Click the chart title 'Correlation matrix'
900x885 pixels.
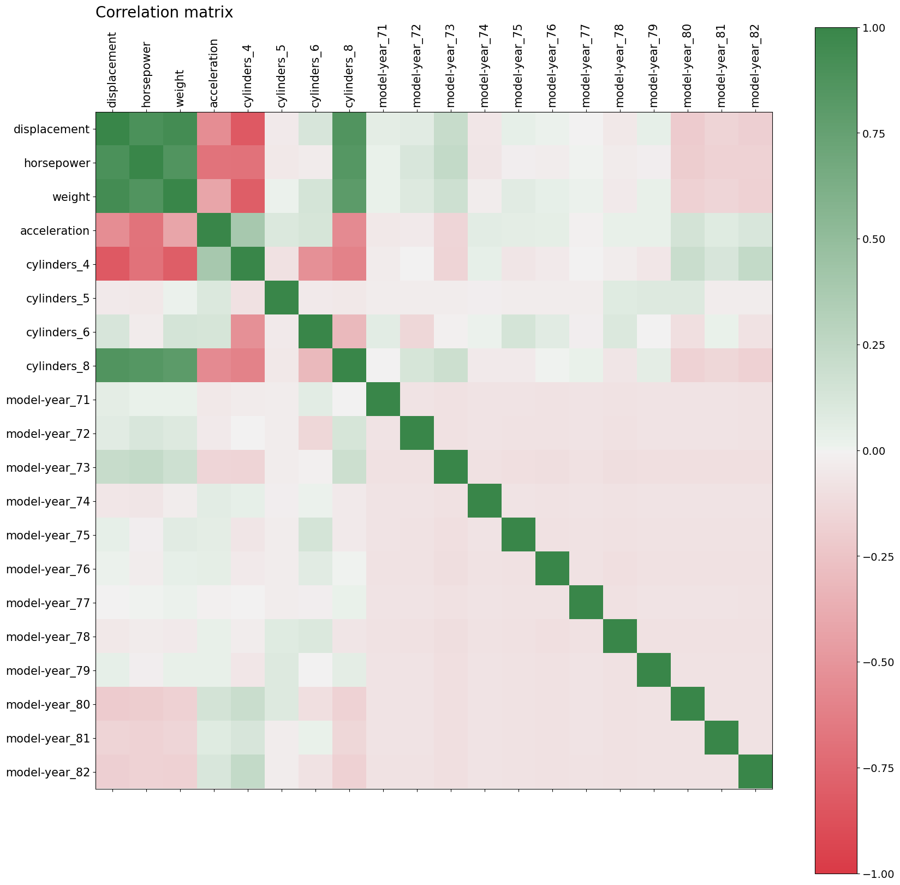point(164,13)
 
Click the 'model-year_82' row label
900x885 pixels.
point(48,773)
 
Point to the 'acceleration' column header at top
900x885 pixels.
point(214,73)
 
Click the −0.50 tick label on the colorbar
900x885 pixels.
point(877,662)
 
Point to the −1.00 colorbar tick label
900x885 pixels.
point(877,874)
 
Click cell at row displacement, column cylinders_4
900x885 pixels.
point(248,129)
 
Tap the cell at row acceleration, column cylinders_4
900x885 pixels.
point(248,231)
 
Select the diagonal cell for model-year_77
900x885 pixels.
point(586,603)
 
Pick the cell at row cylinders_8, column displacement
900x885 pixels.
point(112,366)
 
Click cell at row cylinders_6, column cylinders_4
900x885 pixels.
point(248,332)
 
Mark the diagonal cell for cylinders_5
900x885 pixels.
point(282,299)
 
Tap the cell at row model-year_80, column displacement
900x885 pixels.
point(112,705)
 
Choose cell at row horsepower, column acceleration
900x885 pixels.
point(214,163)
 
